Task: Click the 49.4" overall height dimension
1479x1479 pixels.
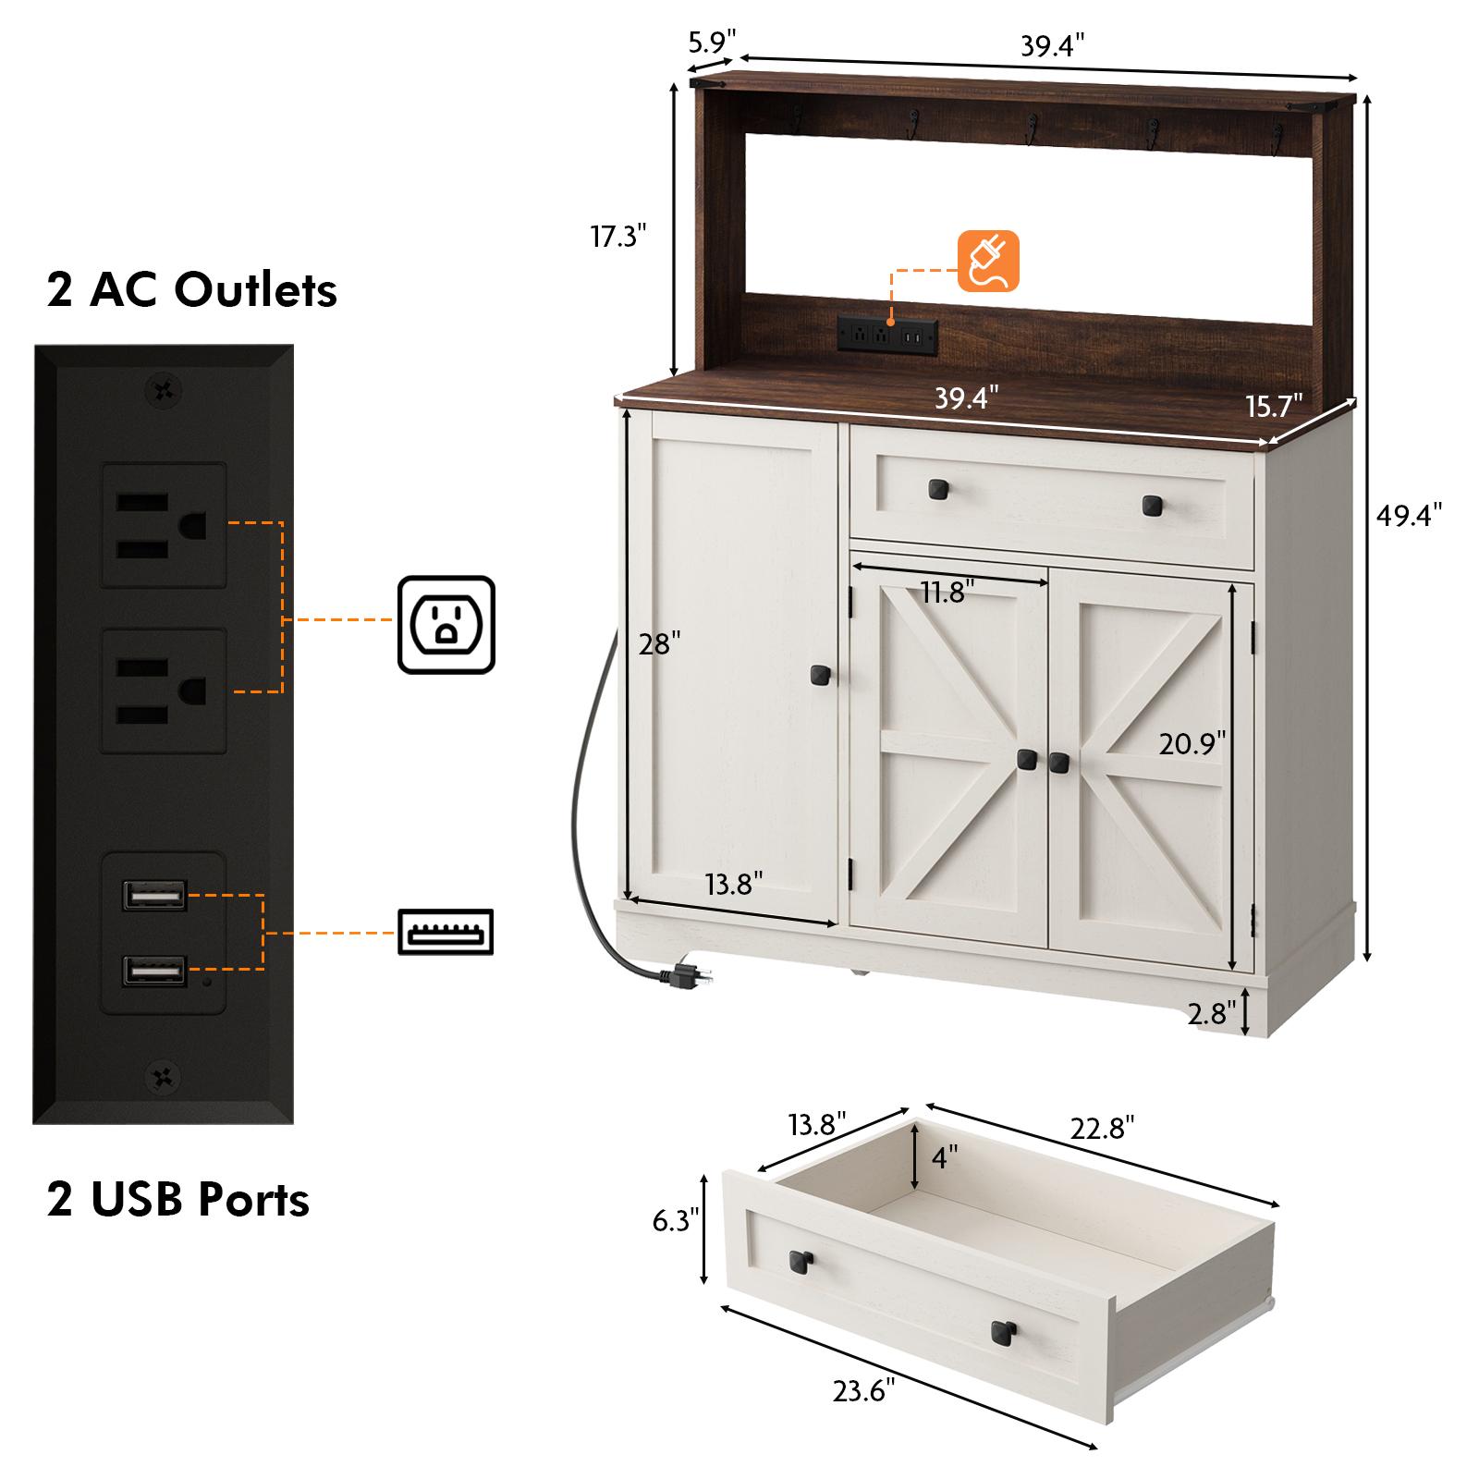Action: click(1409, 515)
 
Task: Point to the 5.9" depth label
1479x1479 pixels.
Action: click(712, 42)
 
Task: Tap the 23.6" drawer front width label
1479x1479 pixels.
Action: click(864, 1390)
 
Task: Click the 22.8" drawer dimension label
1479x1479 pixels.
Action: click(1103, 1128)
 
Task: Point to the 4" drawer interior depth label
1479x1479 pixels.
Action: click(945, 1156)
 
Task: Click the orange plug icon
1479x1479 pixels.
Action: click(988, 262)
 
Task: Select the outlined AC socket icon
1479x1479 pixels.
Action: click(446, 625)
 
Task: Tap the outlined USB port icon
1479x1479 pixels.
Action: click(446, 931)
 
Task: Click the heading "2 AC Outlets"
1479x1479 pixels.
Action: click(192, 290)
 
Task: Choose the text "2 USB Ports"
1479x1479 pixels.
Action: click(178, 1200)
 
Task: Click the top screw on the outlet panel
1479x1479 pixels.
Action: click(164, 391)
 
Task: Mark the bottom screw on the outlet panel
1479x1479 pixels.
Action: click(164, 1076)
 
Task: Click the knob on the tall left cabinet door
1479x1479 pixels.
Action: click(818, 676)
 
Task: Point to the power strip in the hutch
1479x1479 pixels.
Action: click(887, 335)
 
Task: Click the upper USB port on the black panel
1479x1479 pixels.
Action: click(153, 895)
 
